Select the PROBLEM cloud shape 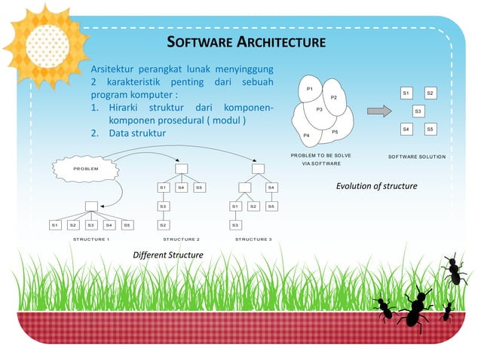tap(85, 169)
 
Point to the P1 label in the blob tap(310, 89)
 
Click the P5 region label tap(335, 133)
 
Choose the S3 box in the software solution tap(418, 111)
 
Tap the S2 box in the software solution tap(430, 93)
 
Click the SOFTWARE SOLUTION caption tap(417, 157)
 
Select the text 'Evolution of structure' tap(376, 185)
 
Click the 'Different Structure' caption tap(167, 255)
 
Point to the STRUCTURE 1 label tap(91, 239)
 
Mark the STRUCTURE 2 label tap(181, 239)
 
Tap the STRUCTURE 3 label tap(253, 239)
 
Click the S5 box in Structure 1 tap(127, 224)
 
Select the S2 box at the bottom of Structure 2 tap(163, 224)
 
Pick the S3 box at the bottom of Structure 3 tap(235, 224)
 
